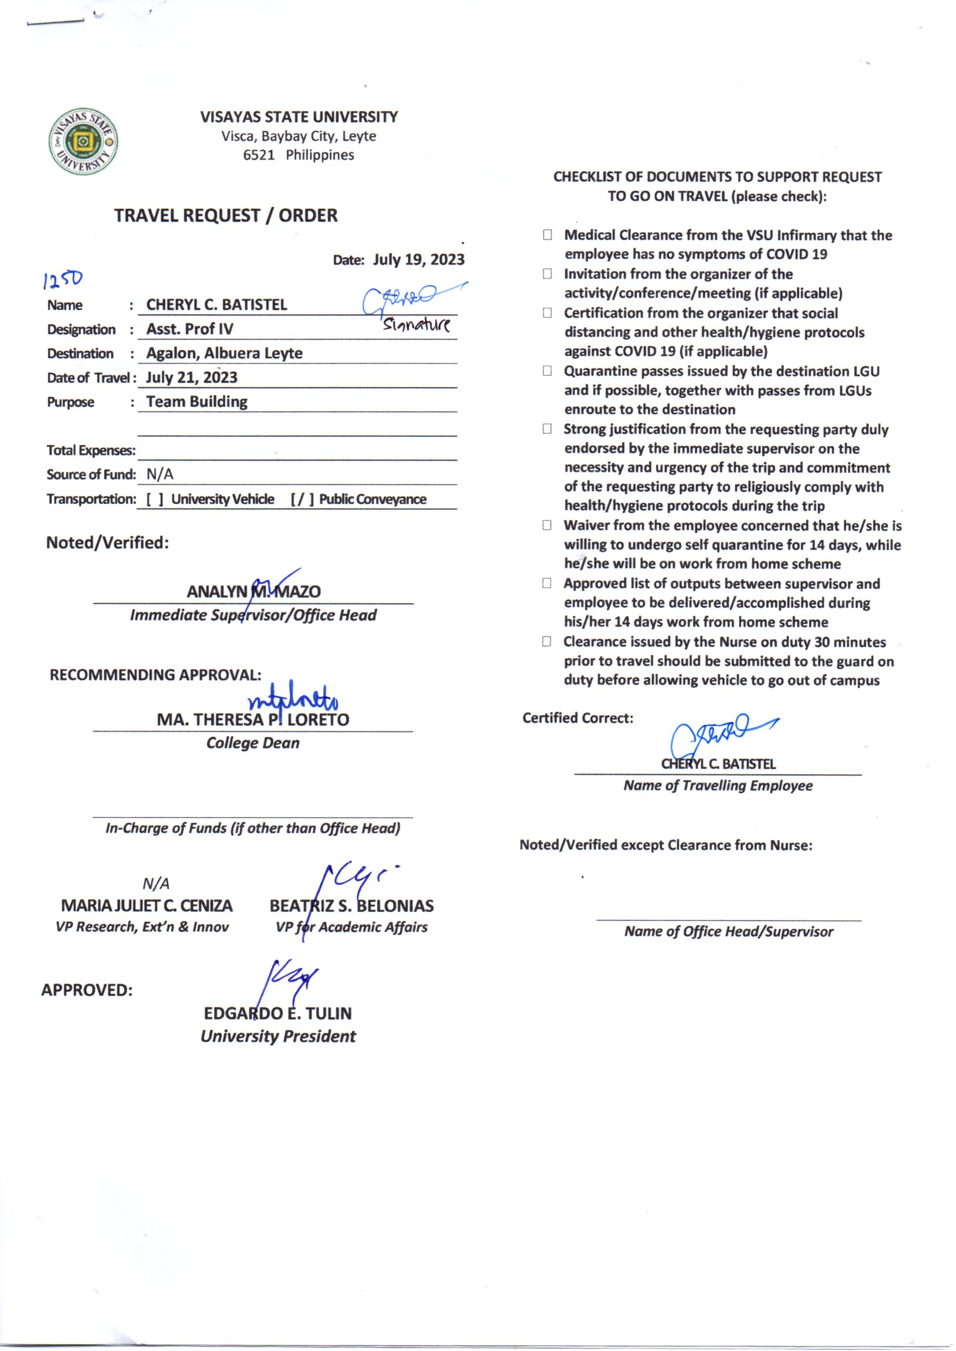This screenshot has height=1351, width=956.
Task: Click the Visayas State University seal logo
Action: point(83,141)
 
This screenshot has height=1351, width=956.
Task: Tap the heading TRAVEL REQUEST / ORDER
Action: point(226,216)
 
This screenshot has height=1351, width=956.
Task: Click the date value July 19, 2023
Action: point(418,259)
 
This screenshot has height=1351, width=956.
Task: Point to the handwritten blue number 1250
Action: point(63,279)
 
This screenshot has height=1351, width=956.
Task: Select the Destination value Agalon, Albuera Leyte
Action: point(224,353)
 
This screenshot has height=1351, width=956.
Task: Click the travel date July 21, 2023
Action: point(191,377)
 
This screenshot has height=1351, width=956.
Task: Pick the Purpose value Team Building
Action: point(197,401)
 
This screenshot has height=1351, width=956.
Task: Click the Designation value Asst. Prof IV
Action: point(190,329)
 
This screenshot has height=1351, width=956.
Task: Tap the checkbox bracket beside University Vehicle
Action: point(155,499)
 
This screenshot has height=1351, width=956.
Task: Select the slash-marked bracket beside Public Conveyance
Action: point(302,499)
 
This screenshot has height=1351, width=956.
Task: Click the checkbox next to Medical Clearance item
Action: point(547,235)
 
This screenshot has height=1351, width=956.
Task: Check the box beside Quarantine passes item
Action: point(547,371)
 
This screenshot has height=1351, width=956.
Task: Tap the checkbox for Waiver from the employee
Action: point(547,525)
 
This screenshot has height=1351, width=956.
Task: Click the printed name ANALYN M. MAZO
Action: point(254,591)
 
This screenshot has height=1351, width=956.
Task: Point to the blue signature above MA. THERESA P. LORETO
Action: point(293,699)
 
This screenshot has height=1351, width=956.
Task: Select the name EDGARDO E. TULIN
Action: point(278,1014)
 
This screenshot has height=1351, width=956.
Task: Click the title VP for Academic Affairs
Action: point(351,927)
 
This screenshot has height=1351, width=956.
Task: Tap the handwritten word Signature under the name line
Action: point(416,324)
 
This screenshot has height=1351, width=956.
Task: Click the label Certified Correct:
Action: point(577,718)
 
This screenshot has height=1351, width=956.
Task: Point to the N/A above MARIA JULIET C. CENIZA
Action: point(156,883)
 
